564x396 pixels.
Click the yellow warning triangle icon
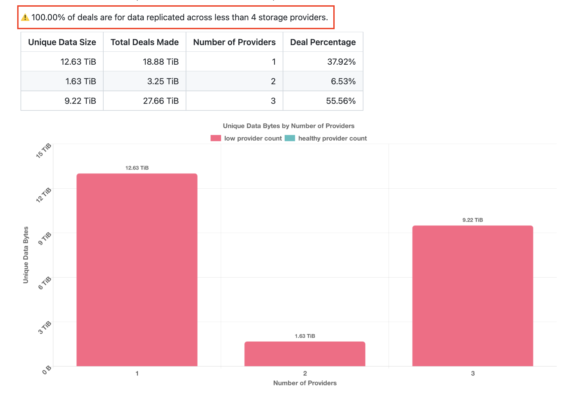(x=25, y=17)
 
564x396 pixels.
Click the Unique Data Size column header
(x=62, y=42)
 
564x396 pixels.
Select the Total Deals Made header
(x=145, y=42)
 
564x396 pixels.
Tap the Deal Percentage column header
(x=323, y=42)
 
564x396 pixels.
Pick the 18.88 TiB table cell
(x=161, y=62)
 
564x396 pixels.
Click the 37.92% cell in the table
(x=341, y=62)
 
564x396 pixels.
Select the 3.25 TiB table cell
(x=163, y=81)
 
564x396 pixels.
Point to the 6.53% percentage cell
(x=343, y=81)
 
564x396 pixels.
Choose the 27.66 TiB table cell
(x=161, y=101)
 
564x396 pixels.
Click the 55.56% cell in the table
(x=341, y=101)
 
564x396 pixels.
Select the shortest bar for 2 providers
(x=305, y=354)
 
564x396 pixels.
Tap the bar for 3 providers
(x=473, y=296)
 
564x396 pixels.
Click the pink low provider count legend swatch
(x=216, y=138)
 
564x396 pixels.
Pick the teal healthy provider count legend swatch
(x=290, y=138)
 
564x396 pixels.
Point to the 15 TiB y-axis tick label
(x=44, y=151)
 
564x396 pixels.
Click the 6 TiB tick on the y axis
(x=45, y=283)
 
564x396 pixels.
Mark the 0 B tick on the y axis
(x=47, y=370)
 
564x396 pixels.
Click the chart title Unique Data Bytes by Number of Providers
(x=289, y=126)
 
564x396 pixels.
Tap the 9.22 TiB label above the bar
(x=473, y=220)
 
